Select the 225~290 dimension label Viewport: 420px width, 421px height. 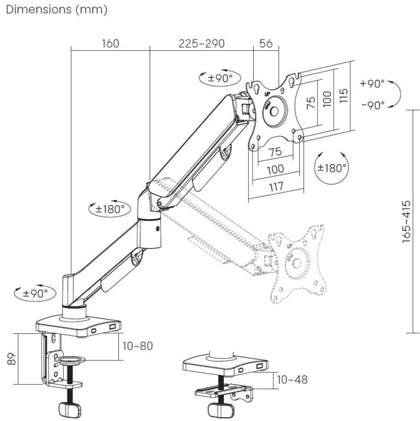tap(201, 44)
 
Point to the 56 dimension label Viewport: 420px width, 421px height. tap(266, 44)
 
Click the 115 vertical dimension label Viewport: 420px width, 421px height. tap(344, 95)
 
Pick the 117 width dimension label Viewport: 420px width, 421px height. tap(275, 187)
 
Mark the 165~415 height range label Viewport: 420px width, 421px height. tap(407, 222)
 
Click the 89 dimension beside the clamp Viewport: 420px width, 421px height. tap(11, 359)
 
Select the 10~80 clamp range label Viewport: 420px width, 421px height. tap(137, 346)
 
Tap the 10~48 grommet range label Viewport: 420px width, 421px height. tap(291, 380)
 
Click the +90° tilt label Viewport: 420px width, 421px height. tap(372, 83)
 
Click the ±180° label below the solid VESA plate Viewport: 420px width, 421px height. tap(332, 166)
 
